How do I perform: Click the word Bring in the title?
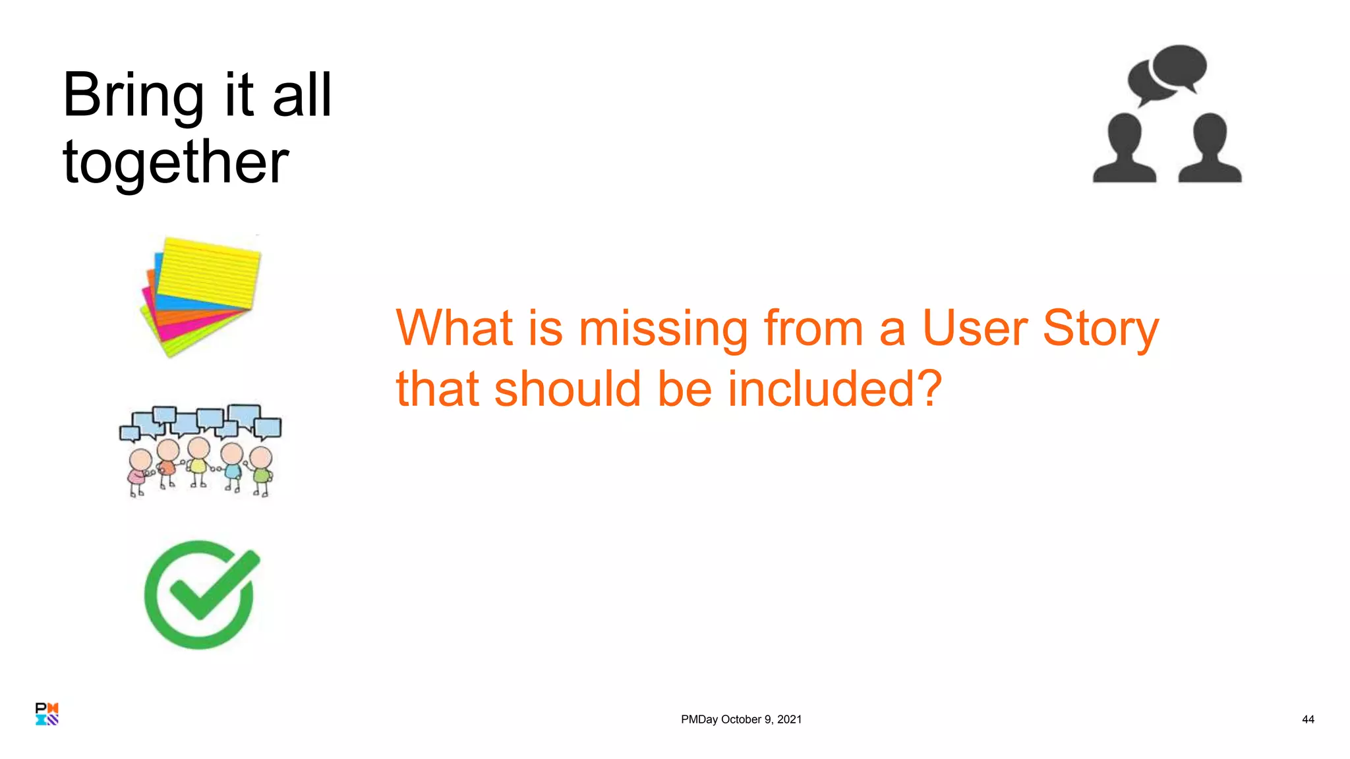click(132, 96)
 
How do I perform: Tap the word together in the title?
click(175, 162)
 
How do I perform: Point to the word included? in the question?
click(835, 389)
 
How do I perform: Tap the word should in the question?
click(568, 389)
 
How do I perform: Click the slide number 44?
click(1308, 719)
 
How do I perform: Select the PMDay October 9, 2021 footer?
click(741, 719)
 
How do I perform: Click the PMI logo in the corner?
click(47, 714)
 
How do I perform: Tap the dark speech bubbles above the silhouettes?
click(1167, 72)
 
